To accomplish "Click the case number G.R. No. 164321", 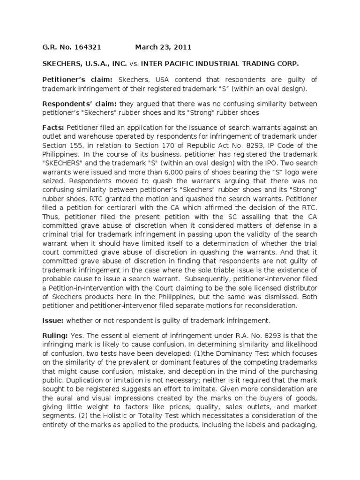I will pyautogui.click(x=69, y=47).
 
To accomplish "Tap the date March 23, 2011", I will pyautogui.click(x=163, y=47).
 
